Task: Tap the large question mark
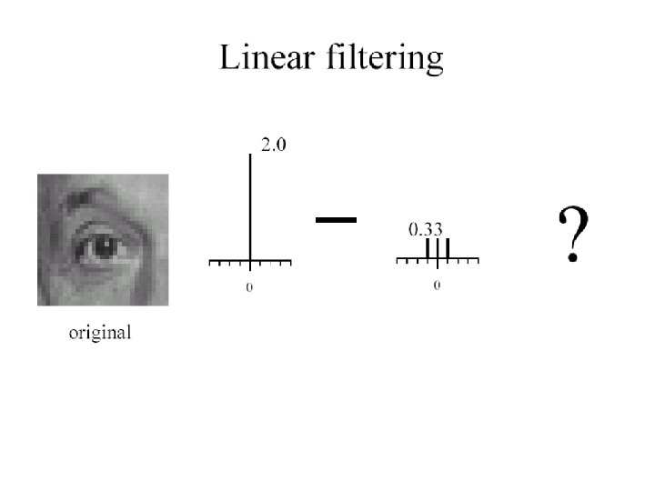[572, 235]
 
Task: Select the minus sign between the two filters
[335, 218]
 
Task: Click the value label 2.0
[273, 145]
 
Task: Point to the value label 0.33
[425, 230]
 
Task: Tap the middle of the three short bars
[438, 250]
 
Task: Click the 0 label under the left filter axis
[250, 288]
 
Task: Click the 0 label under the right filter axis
[438, 286]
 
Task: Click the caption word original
[101, 333]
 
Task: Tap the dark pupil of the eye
[102, 246]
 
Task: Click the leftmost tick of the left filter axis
[210, 263]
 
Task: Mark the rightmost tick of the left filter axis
[290, 263]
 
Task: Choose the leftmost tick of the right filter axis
[398, 263]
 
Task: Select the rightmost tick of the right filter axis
[478, 263]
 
